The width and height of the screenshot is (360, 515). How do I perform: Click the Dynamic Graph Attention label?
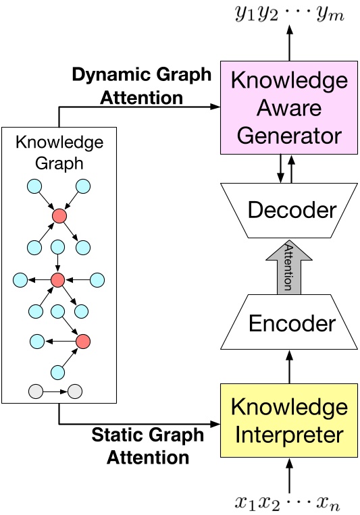141,86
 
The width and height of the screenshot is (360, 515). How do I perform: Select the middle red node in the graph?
58,279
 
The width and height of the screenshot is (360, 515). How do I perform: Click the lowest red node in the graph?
83,341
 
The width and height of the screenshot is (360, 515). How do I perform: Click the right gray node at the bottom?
75,390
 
